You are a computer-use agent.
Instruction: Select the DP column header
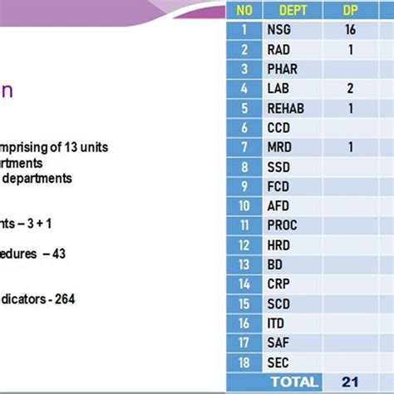click(350, 11)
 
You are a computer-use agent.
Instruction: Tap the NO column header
click(244, 11)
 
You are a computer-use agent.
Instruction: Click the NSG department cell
click(279, 30)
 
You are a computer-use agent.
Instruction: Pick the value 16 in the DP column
click(350, 30)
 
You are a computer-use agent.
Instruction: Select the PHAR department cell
click(283, 69)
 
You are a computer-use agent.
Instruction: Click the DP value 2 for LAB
click(350, 88)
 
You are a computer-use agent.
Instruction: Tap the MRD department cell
click(279, 147)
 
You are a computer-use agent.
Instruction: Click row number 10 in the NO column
click(244, 205)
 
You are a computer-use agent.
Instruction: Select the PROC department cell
click(283, 225)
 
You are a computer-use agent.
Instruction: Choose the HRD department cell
click(279, 245)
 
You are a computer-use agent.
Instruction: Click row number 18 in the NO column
click(244, 362)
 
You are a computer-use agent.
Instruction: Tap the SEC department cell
click(278, 362)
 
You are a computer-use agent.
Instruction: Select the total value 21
click(350, 382)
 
